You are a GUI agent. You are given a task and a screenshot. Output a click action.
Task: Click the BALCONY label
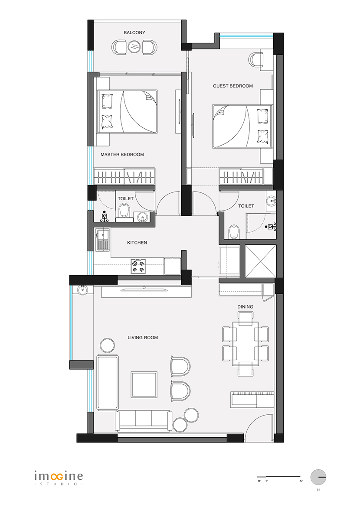(134, 32)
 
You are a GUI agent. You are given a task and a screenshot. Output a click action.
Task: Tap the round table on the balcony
(134, 47)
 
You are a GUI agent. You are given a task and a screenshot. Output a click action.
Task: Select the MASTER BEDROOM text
(122, 155)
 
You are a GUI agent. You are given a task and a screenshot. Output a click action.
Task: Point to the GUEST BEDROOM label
(233, 86)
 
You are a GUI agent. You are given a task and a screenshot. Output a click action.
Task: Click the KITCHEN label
(137, 243)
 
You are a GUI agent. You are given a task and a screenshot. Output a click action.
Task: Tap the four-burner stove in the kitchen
(138, 266)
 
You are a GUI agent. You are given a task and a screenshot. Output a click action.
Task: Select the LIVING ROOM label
(143, 338)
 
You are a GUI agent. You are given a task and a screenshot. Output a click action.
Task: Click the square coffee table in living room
(144, 385)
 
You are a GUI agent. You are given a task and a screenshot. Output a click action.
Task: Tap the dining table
(245, 343)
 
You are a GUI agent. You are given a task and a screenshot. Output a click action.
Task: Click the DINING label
(245, 307)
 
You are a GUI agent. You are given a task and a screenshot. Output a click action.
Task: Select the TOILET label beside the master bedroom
(126, 198)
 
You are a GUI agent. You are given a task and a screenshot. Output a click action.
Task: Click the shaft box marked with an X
(261, 261)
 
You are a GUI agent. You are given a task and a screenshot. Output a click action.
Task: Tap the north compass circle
(318, 477)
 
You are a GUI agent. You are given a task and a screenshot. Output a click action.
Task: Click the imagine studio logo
(59, 478)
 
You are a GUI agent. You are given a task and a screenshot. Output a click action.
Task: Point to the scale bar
(279, 476)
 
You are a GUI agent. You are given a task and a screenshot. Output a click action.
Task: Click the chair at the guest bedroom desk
(256, 59)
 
